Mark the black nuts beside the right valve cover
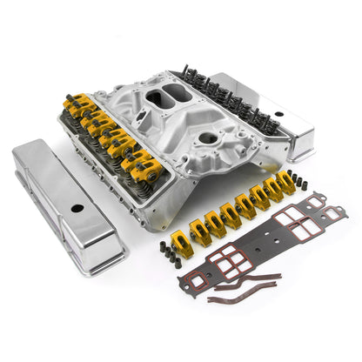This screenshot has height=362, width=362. (x=299, y=182)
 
